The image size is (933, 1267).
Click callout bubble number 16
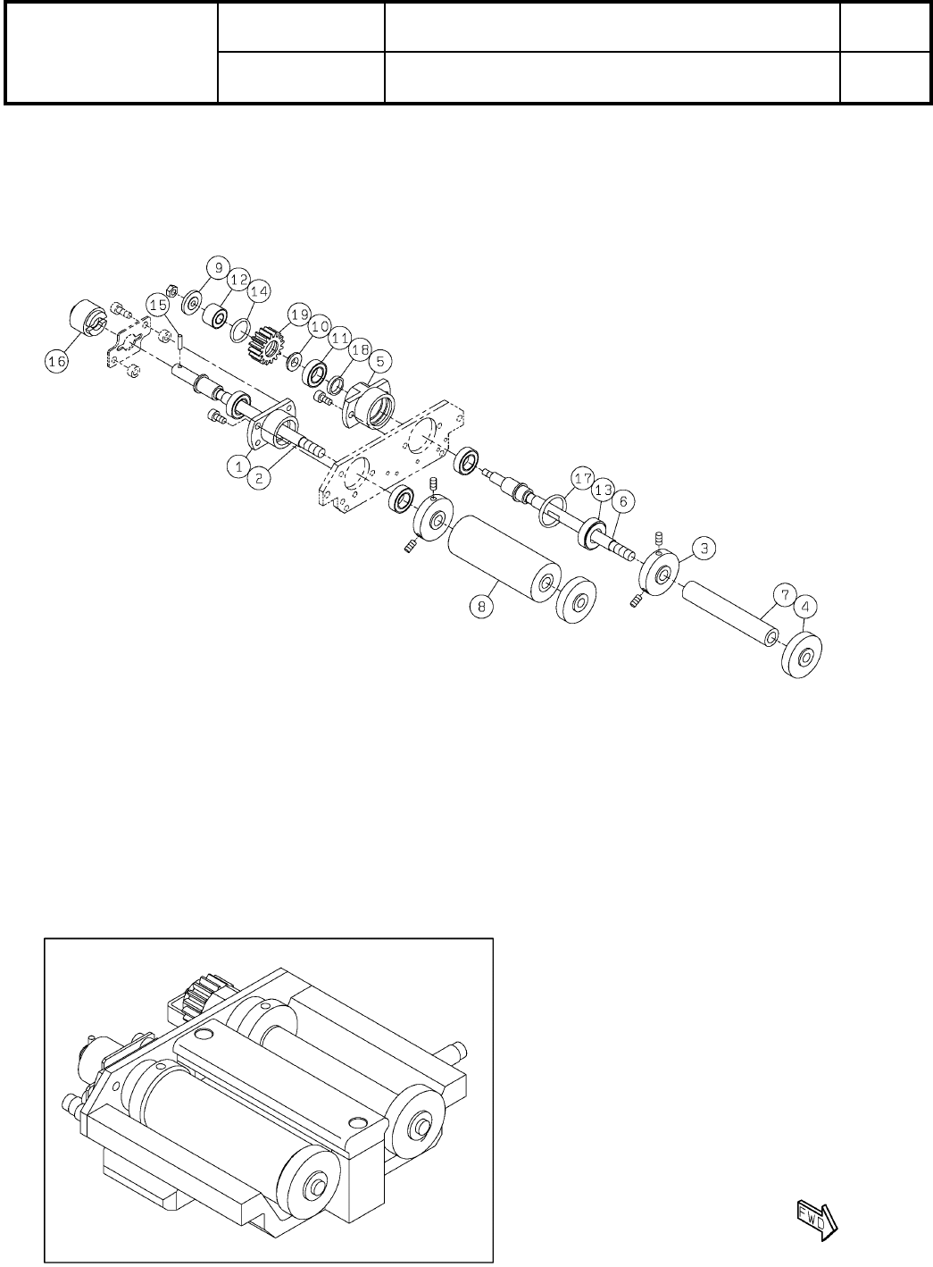57,361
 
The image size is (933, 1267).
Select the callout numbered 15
158,305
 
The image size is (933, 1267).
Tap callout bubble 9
217,268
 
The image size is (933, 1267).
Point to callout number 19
298,315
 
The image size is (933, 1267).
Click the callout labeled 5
379,361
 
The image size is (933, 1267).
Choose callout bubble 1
237,465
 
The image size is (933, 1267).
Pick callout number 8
482,606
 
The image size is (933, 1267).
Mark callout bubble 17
583,480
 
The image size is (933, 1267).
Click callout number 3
704,548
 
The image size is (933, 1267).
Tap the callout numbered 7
783,594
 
